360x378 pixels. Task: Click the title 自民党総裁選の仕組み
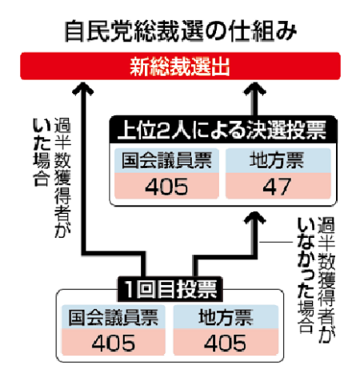181,32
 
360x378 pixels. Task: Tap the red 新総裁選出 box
180,66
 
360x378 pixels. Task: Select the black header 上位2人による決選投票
223,131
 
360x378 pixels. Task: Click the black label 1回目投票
170,289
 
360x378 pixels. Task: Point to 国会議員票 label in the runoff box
166,160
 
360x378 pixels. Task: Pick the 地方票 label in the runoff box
278,160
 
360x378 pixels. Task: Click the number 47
277,187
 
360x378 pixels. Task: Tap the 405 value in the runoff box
166,187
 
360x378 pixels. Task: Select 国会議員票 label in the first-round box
114,317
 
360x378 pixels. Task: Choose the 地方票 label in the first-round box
226,317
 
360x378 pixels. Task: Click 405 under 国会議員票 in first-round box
114,343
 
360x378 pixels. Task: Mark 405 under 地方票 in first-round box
226,343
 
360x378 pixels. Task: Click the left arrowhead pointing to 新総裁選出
83,88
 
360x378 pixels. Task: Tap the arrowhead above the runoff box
255,89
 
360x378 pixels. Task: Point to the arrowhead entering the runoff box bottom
255,218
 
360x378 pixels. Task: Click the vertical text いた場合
42,152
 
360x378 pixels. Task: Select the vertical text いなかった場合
306,275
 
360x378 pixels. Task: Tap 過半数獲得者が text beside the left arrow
62,178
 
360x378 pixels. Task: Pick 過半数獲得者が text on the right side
326,279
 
